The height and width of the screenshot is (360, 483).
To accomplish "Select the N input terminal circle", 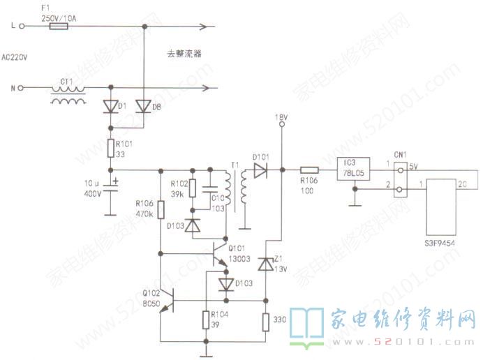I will coord(21,88).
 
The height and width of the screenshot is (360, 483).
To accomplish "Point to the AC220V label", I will coord(15,58).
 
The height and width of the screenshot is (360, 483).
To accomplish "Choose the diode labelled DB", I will coord(143,106).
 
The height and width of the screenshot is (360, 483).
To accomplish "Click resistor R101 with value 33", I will coord(111,148).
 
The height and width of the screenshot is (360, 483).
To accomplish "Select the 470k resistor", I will coord(161,209).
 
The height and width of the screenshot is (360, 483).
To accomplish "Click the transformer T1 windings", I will coord(235,186).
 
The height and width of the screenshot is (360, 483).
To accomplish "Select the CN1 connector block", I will coord(400,178).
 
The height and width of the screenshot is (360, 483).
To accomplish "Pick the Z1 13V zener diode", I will coord(266,264).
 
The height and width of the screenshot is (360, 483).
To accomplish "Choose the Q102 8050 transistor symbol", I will coord(167,301).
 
